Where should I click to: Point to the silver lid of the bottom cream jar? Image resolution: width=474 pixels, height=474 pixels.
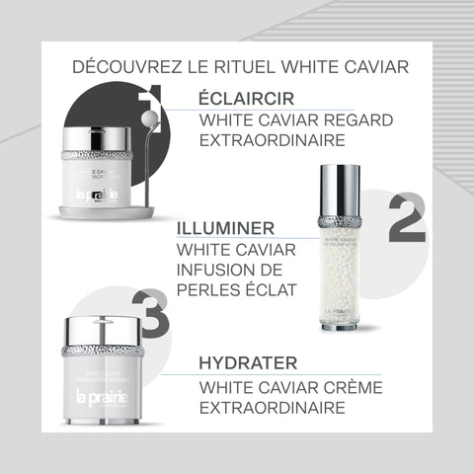[104, 331]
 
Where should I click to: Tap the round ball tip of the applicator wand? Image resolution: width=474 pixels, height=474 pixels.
[150, 118]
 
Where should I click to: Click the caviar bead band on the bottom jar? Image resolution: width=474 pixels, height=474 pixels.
[104, 352]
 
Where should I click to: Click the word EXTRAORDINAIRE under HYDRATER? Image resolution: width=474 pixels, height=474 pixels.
[273, 408]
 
